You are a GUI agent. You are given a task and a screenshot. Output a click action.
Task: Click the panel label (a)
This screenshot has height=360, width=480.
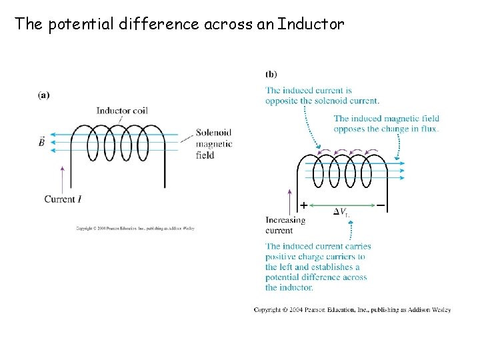(x=43, y=95)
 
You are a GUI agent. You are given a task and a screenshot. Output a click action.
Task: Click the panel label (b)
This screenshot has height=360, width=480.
(x=271, y=74)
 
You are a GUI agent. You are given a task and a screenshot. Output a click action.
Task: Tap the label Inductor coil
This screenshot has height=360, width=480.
(x=121, y=111)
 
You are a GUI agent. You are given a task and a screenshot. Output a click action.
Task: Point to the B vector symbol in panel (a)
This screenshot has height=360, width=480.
(x=42, y=142)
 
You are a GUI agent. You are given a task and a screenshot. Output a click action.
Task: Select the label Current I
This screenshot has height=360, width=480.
(x=67, y=199)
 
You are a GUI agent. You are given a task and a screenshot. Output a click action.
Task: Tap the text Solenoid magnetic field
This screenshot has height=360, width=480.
(x=214, y=143)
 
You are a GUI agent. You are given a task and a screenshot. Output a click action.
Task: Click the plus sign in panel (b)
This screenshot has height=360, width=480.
(x=304, y=206)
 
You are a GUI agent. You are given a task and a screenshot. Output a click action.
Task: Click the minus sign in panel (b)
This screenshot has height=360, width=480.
(x=381, y=206)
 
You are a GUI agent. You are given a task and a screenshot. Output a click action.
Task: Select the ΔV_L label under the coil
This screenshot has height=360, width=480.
(x=341, y=212)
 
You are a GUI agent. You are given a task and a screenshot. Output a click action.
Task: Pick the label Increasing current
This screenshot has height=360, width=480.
(x=285, y=225)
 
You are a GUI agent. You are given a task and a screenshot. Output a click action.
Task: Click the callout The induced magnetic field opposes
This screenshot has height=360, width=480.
(x=386, y=123)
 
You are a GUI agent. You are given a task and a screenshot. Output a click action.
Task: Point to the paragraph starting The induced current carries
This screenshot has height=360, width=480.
(x=318, y=267)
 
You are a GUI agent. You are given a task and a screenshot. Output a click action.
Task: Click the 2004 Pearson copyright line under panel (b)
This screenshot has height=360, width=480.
(x=352, y=309)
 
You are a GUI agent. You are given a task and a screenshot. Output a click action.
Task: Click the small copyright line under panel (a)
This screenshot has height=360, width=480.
(x=135, y=228)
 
